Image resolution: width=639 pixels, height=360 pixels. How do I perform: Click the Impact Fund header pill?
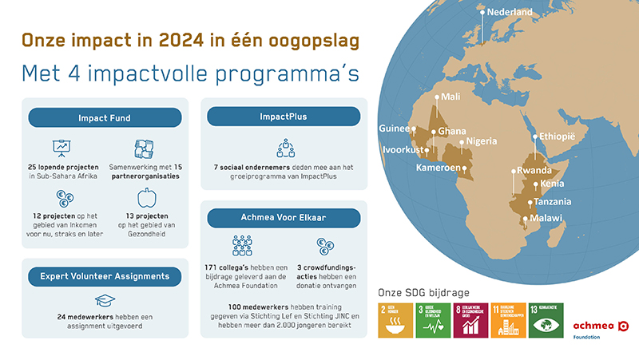[x=104, y=117]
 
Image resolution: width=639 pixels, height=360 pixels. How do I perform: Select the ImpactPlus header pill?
[x=284, y=117]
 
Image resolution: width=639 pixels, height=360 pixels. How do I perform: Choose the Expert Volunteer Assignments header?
[x=104, y=276]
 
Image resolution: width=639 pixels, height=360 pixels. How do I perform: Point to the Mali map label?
[x=450, y=97]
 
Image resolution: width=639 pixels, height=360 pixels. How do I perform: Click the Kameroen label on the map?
[x=439, y=168]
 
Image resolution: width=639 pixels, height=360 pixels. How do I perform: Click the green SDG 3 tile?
[x=432, y=320]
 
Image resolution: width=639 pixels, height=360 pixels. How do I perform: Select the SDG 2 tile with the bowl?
[x=395, y=320]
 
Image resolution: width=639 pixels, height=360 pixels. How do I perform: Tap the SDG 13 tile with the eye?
[x=545, y=320]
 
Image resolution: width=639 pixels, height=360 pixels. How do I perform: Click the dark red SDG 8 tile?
[x=470, y=320]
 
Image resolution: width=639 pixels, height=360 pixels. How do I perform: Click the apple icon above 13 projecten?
[x=145, y=198]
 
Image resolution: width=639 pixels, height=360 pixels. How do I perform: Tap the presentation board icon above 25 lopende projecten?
[x=61, y=148]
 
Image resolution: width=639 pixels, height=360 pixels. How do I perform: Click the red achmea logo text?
[x=592, y=326]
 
